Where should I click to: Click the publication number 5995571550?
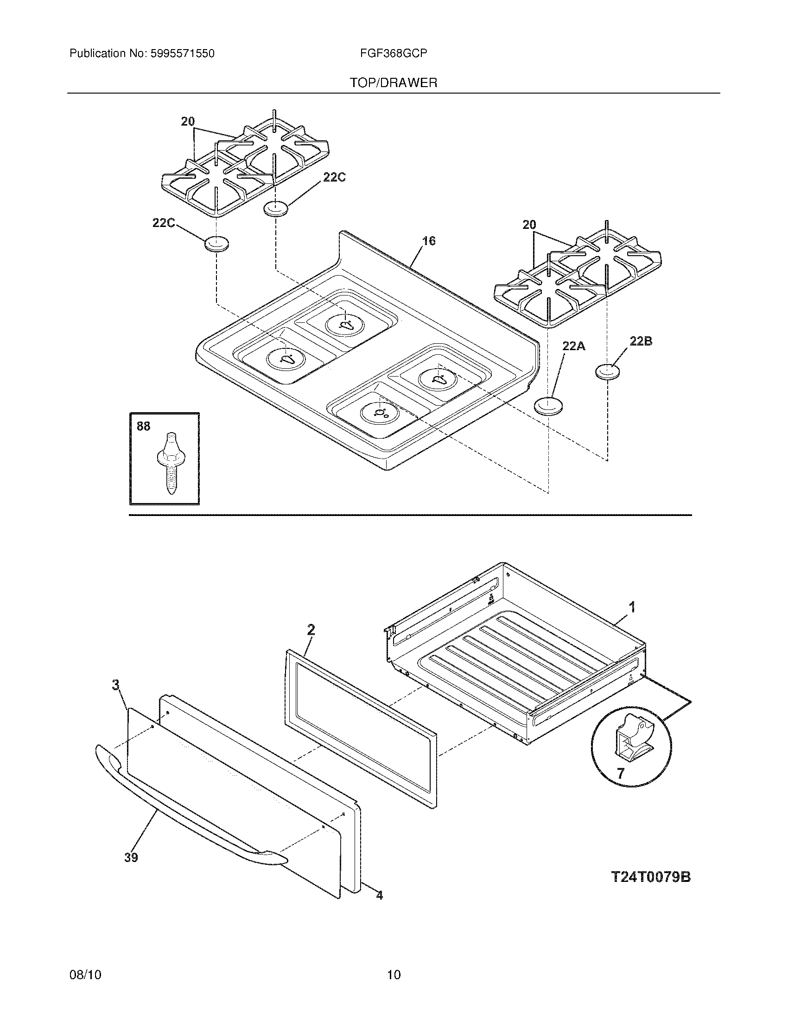coord(182,54)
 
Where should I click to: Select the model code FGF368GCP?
coord(394,54)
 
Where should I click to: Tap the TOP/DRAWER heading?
coord(394,83)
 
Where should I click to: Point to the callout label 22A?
coord(574,346)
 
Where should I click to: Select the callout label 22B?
coord(641,341)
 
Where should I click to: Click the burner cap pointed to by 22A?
coord(548,406)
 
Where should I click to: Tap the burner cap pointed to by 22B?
coord(608,371)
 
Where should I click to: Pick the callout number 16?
coord(429,241)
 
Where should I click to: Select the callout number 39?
coord(131,857)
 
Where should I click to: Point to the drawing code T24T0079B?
coord(651,877)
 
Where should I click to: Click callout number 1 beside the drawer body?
coord(632,607)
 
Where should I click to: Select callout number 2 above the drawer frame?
coord(311,630)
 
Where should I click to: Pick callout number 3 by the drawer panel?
coord(115,685)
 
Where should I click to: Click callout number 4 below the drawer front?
coord(380,895)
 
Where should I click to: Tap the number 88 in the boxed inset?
coord(144,426)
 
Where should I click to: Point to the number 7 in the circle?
coord(620,774)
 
